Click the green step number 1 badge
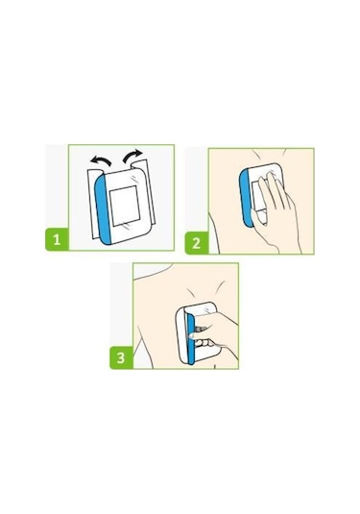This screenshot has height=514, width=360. [x=57, y=239]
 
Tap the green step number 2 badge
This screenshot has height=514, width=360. [x=197, y=243]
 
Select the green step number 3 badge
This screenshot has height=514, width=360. [x=121, y=357]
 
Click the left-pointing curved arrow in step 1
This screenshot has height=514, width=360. [x=101, y=160]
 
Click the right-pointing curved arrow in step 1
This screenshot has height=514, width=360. [x=132, y=156]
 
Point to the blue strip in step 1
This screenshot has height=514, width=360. [x=103, y=209]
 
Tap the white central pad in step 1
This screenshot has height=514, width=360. [x=125, y=206]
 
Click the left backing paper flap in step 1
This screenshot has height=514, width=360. [x=92, y=204]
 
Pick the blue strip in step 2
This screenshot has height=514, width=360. [x=246, y=198]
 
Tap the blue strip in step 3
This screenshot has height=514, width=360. [x=190, y=338]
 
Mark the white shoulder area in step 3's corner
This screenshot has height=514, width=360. [x=148, y=271]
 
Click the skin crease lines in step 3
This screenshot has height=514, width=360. [x=205, y=287]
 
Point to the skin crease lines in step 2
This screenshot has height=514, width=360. [x=268, y=154]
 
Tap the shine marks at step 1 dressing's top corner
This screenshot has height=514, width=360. [x=134, y=179]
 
